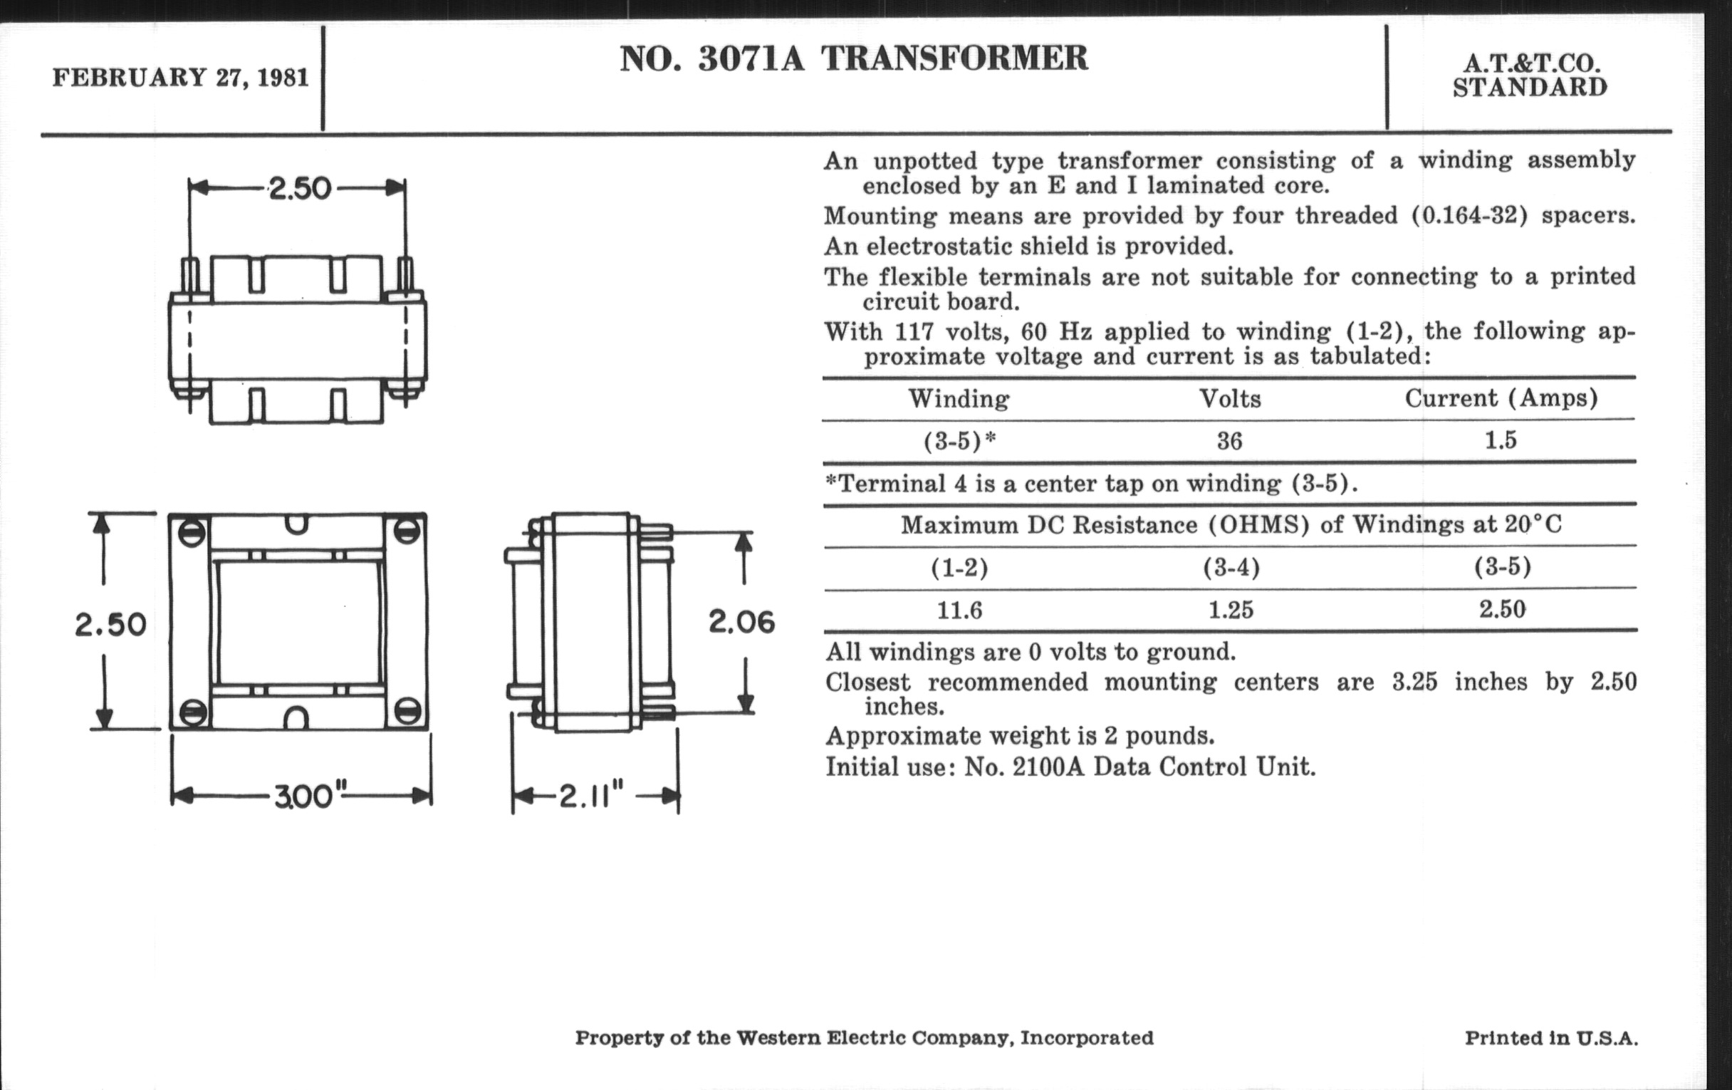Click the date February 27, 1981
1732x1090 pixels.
pos(179,77)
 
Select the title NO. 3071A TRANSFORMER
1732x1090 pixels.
pos(854,59)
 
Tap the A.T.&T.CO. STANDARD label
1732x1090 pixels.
pos(1530,76)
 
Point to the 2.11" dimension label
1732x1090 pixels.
pos(590,796)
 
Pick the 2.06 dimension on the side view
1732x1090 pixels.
pos(741,622)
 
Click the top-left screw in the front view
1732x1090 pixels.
pos(197,533)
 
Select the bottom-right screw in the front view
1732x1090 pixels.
pos(408,710)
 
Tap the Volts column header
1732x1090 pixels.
pos(1230,399)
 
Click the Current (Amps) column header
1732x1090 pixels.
pos(1501,398)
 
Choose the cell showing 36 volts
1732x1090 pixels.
pos(1229,441)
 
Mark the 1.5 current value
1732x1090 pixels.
pos(1501,440)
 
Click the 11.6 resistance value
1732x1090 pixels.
pos(959,611)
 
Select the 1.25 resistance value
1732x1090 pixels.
pos(1231,610)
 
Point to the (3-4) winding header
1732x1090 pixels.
pos(1231,568)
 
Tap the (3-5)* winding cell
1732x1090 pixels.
pos(959,441)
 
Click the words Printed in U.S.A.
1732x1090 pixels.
pos(1551,1038)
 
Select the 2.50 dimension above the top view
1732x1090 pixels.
pos(300,190)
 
